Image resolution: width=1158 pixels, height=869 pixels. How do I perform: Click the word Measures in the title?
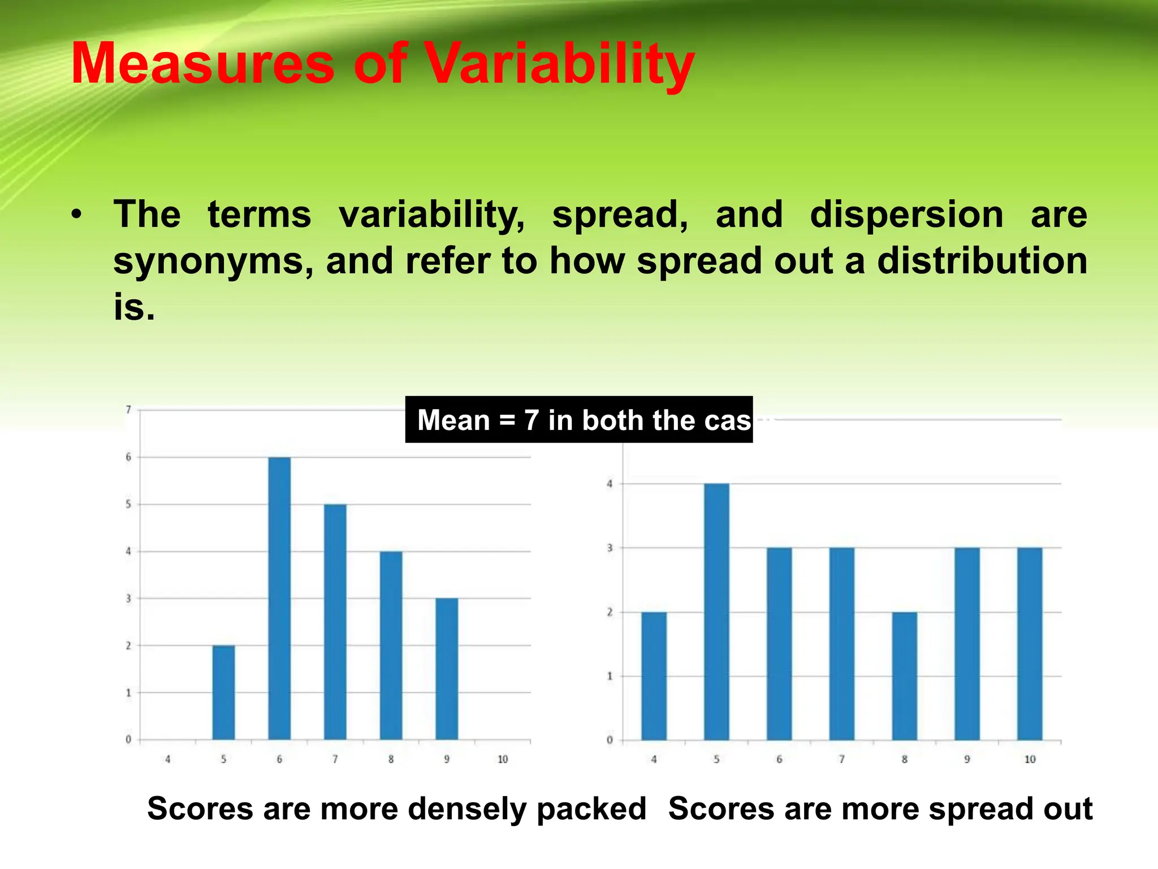(x=203, y=65)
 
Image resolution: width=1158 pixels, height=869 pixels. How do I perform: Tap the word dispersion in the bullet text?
(x=906, y=215)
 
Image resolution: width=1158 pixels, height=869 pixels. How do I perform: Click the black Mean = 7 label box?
(x=578, y=420)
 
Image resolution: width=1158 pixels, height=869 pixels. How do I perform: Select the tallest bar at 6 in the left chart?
(x=279, y=598)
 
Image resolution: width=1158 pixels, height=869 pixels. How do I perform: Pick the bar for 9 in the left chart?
(x=447, y=669)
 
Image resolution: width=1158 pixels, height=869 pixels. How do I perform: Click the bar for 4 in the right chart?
(x=654, y=676)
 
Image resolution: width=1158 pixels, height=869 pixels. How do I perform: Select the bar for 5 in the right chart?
(x=716, y=612)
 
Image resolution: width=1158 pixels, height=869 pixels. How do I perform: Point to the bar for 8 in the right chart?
(x=904, y=676)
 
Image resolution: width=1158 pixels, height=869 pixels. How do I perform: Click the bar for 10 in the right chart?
(x=1030, y=644)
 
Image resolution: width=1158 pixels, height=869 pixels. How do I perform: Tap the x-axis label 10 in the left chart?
(x=503, y=759)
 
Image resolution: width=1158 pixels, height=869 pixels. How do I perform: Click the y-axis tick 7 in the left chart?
(x=128, y=410)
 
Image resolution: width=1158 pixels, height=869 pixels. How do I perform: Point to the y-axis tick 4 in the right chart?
(x=610, y=484)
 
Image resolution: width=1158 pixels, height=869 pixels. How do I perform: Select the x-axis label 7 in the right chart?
(x=841, y=759)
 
